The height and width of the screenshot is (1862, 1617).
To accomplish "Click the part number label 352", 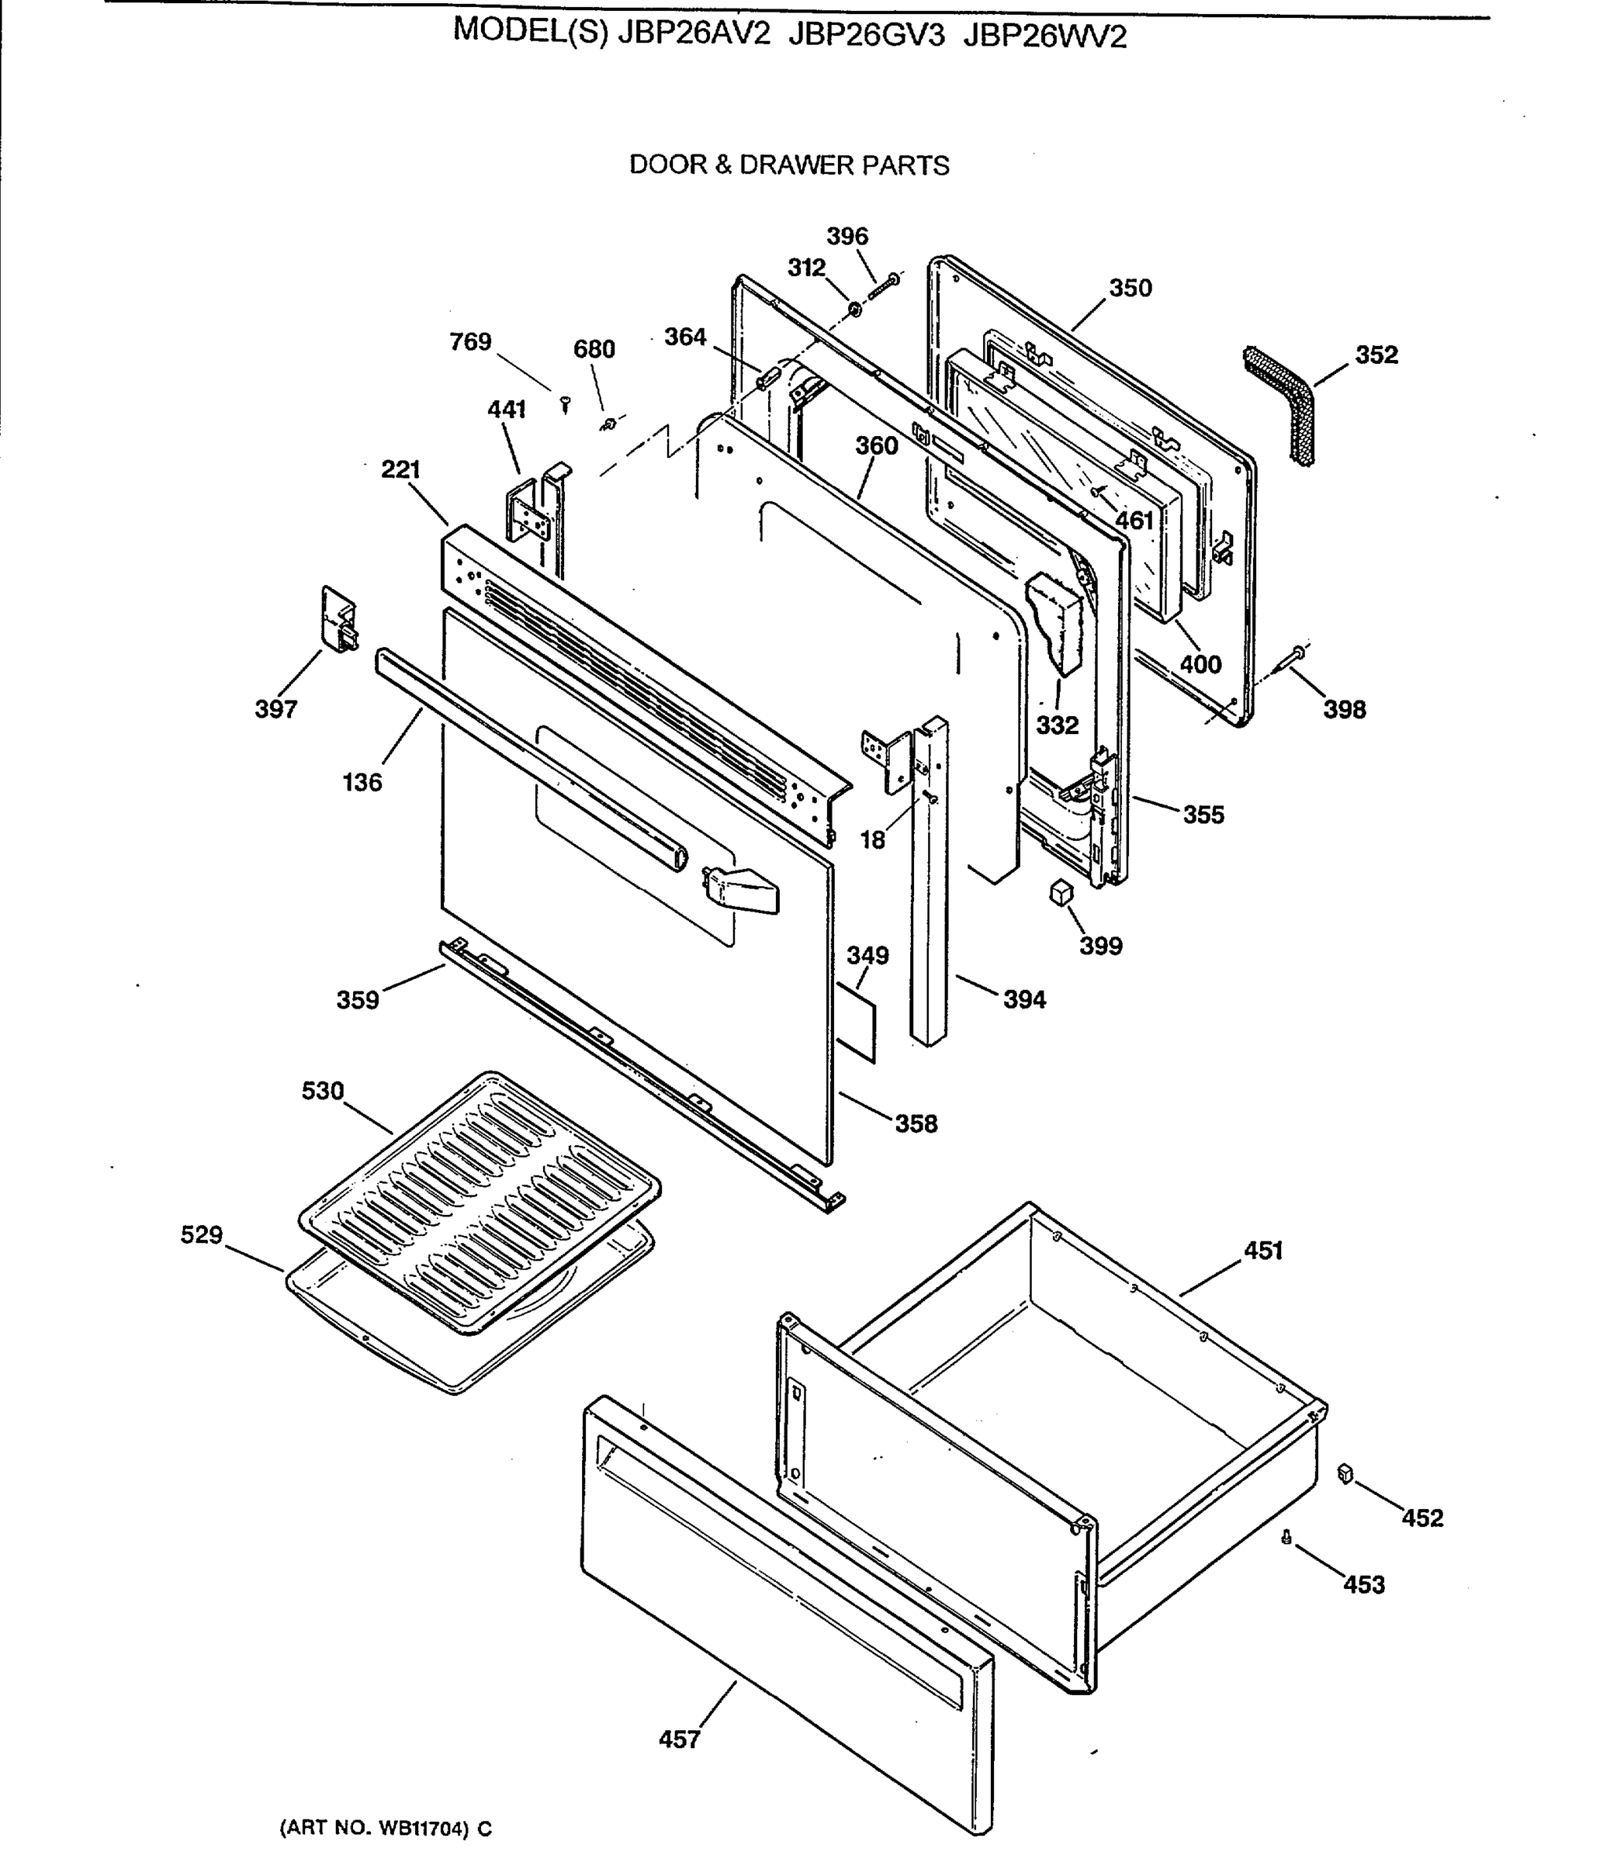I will [1376, 355].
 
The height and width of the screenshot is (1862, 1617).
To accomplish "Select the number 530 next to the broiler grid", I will [322, 1092].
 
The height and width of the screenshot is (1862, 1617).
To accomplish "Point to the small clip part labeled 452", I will [1345, 1474].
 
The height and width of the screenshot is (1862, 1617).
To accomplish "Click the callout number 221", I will [400, 470].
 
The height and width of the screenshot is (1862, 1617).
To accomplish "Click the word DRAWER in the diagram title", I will [798, 165].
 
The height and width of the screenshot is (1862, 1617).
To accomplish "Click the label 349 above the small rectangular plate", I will [867, 955].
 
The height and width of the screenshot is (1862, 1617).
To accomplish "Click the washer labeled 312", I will [853, 311].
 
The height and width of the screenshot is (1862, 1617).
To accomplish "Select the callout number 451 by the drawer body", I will [1262, 1251].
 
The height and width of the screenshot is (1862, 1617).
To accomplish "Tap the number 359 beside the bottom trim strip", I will [358, 999].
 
